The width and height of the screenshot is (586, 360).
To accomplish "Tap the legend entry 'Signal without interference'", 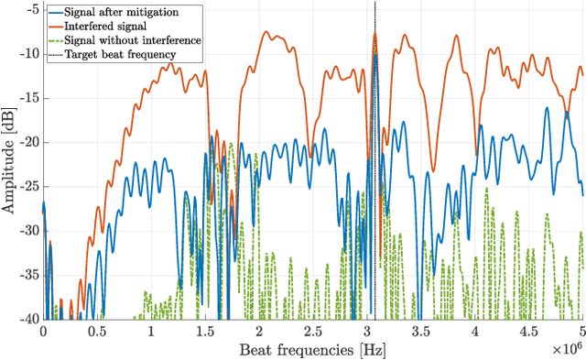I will pyautogui.click(x=129, y=41).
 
